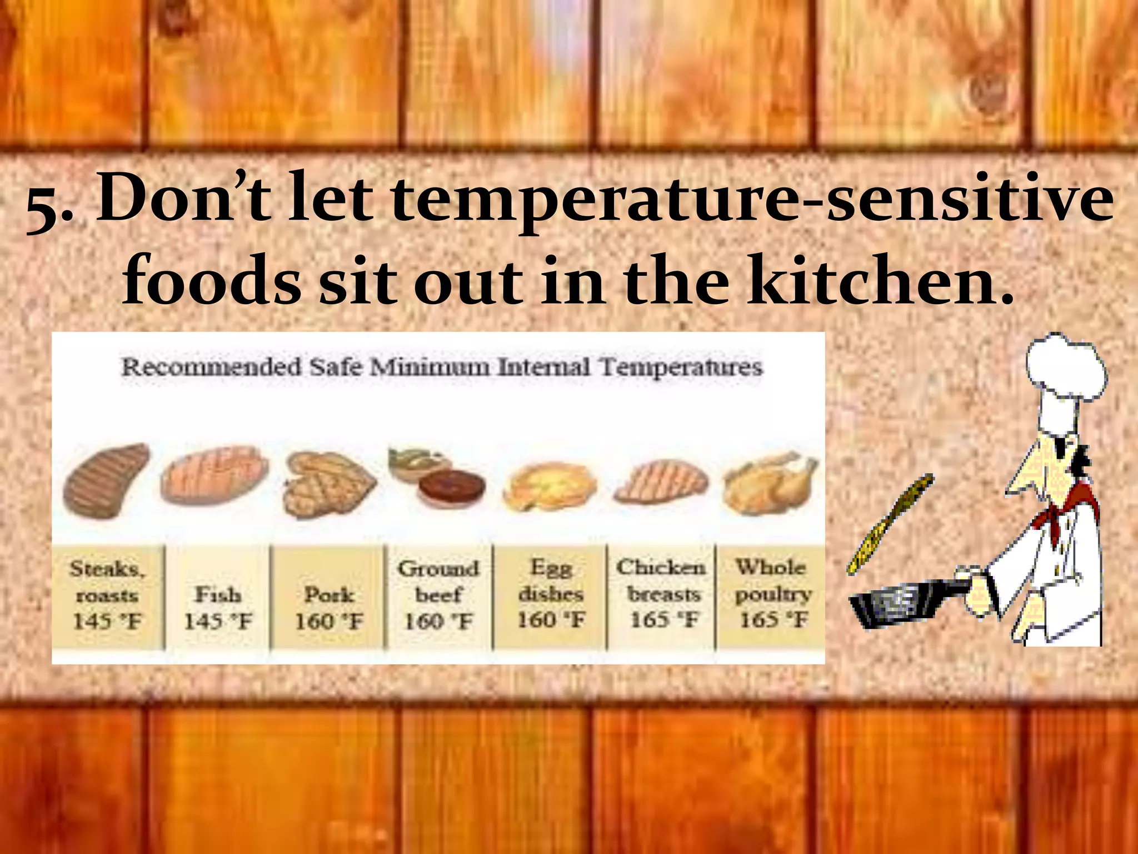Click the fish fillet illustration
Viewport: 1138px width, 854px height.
[x=214, y=476]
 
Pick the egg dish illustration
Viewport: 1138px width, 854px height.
[x=550, y=487]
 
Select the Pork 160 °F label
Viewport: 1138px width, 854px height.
[x=329, y=608]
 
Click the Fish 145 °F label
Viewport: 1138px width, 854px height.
[x=218, y=608]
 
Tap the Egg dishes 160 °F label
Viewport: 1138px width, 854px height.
[x=551, y=594]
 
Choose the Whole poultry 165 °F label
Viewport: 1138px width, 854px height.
[x=772, y=594]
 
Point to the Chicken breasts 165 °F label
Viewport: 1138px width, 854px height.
[x=662, y=594]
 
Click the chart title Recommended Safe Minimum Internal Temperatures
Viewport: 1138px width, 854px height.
[x=442, y=368]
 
